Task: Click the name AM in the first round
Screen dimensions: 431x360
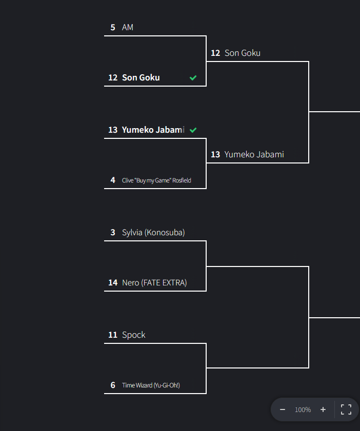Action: (128, 27)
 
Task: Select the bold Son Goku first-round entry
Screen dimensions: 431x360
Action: (141, 77)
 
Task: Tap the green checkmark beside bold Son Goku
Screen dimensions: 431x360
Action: (193, 78)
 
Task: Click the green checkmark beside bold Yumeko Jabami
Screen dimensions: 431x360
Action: (193, 130)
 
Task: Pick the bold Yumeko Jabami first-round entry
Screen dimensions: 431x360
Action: (153, 130)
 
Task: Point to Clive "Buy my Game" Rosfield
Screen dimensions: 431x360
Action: (156, 180)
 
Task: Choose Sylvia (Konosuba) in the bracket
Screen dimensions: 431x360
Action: (153, 232)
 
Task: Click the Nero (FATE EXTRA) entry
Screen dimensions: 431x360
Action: (154, 282)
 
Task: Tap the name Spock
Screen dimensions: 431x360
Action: (134, 335)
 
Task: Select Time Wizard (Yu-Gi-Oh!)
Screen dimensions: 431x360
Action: (151, 385)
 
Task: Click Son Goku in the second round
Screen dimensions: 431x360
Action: (243, 53)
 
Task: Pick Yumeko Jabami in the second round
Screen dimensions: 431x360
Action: (254, 154)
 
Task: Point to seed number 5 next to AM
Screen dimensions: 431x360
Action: (113, 27)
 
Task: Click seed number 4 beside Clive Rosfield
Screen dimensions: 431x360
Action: (113, 180)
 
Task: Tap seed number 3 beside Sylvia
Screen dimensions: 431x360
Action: (113, 232)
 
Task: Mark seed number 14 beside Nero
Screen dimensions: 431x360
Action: (113, 282)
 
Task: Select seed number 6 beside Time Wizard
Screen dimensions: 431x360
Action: (113, 385)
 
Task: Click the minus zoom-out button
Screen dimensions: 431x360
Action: (283, 409)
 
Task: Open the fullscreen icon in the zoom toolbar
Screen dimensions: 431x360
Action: (346, 409)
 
